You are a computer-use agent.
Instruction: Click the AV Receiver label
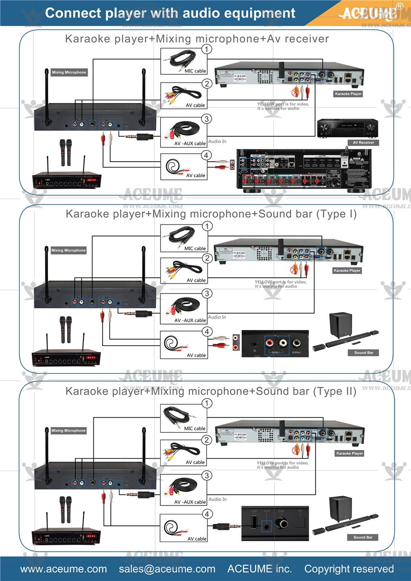click(x=363, y=142)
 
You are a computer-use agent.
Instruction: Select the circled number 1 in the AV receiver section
click(x=206, y=49)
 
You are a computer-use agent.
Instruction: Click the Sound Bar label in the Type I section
click(x=364, y=353)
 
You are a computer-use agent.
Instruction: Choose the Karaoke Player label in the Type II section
click(x=349, y=453)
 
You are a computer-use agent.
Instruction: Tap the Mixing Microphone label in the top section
click(x=69, y=72)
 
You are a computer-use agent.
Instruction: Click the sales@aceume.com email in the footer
click(x=167, y=569)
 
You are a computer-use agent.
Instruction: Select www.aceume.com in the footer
click(x=63, y=569)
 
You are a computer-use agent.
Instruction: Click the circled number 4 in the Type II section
click(x=206, y=514)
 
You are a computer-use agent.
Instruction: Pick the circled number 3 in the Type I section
click(x=206, y=293)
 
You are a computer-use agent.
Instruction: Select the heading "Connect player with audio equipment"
click(x=170, y=13)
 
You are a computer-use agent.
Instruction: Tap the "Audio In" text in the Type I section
click(x=217, y=317)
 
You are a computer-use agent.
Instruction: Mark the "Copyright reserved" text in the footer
click(x=349, y=569)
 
